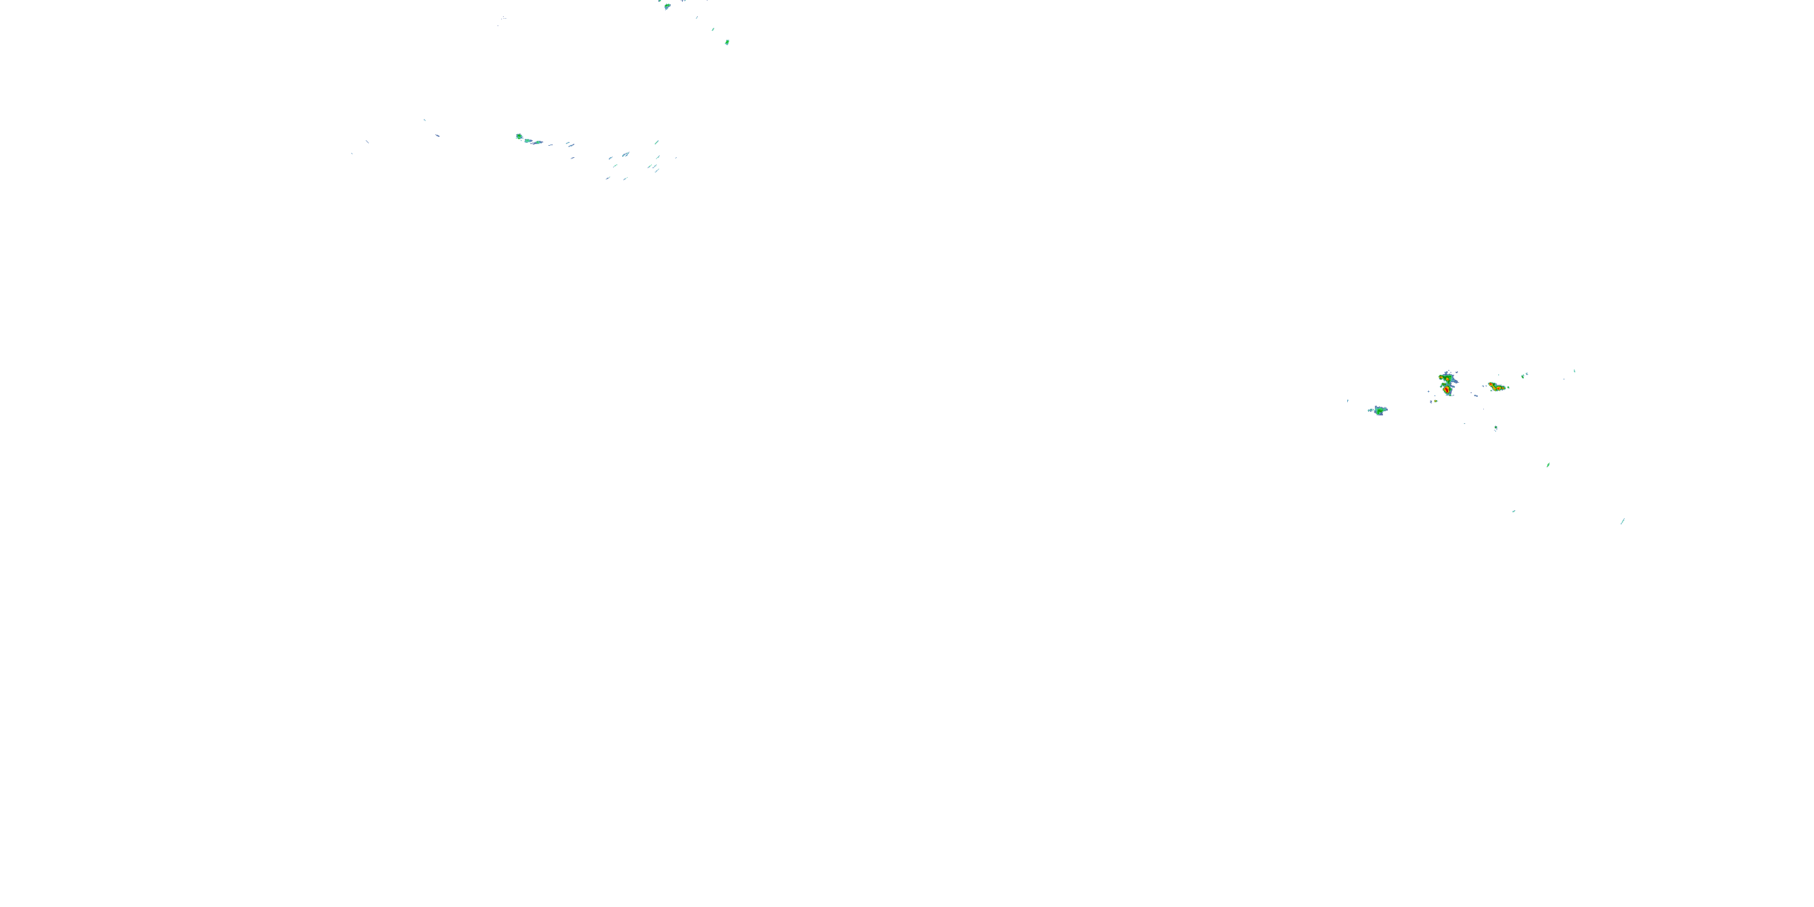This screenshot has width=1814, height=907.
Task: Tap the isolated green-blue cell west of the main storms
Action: tap(1379, 410)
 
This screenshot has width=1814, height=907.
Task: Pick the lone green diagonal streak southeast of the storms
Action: tap(1548, 465)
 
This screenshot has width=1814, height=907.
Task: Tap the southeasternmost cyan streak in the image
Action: tap(1622, 521)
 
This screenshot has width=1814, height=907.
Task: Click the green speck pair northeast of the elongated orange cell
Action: tap(1524, 375)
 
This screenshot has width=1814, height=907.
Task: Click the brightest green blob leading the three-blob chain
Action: tap(519, 137)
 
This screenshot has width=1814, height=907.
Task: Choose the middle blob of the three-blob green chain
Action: tap(528, 140)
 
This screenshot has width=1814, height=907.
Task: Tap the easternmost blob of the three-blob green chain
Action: tap(538, 142)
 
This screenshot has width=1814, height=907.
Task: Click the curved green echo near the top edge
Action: tap(667, 6)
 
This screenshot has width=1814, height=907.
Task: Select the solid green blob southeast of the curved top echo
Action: tap(727, 42)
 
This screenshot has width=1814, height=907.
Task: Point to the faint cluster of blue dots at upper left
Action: tap(503, 18)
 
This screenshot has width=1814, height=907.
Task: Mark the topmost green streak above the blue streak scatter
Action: tap(656, 142)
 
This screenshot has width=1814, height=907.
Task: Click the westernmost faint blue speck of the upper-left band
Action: tap(351, 154)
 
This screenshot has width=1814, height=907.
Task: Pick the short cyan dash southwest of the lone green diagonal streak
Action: tap(1513, 511)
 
